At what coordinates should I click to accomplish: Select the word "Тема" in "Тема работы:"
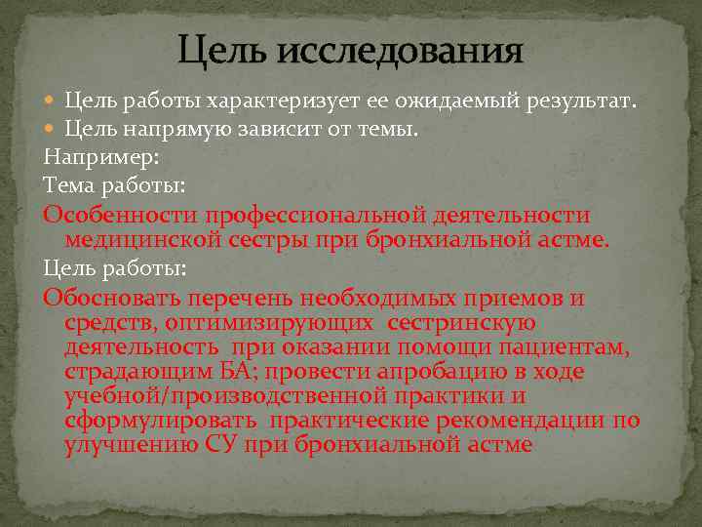click(66, 183)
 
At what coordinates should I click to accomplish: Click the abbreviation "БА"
click(237, 372)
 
